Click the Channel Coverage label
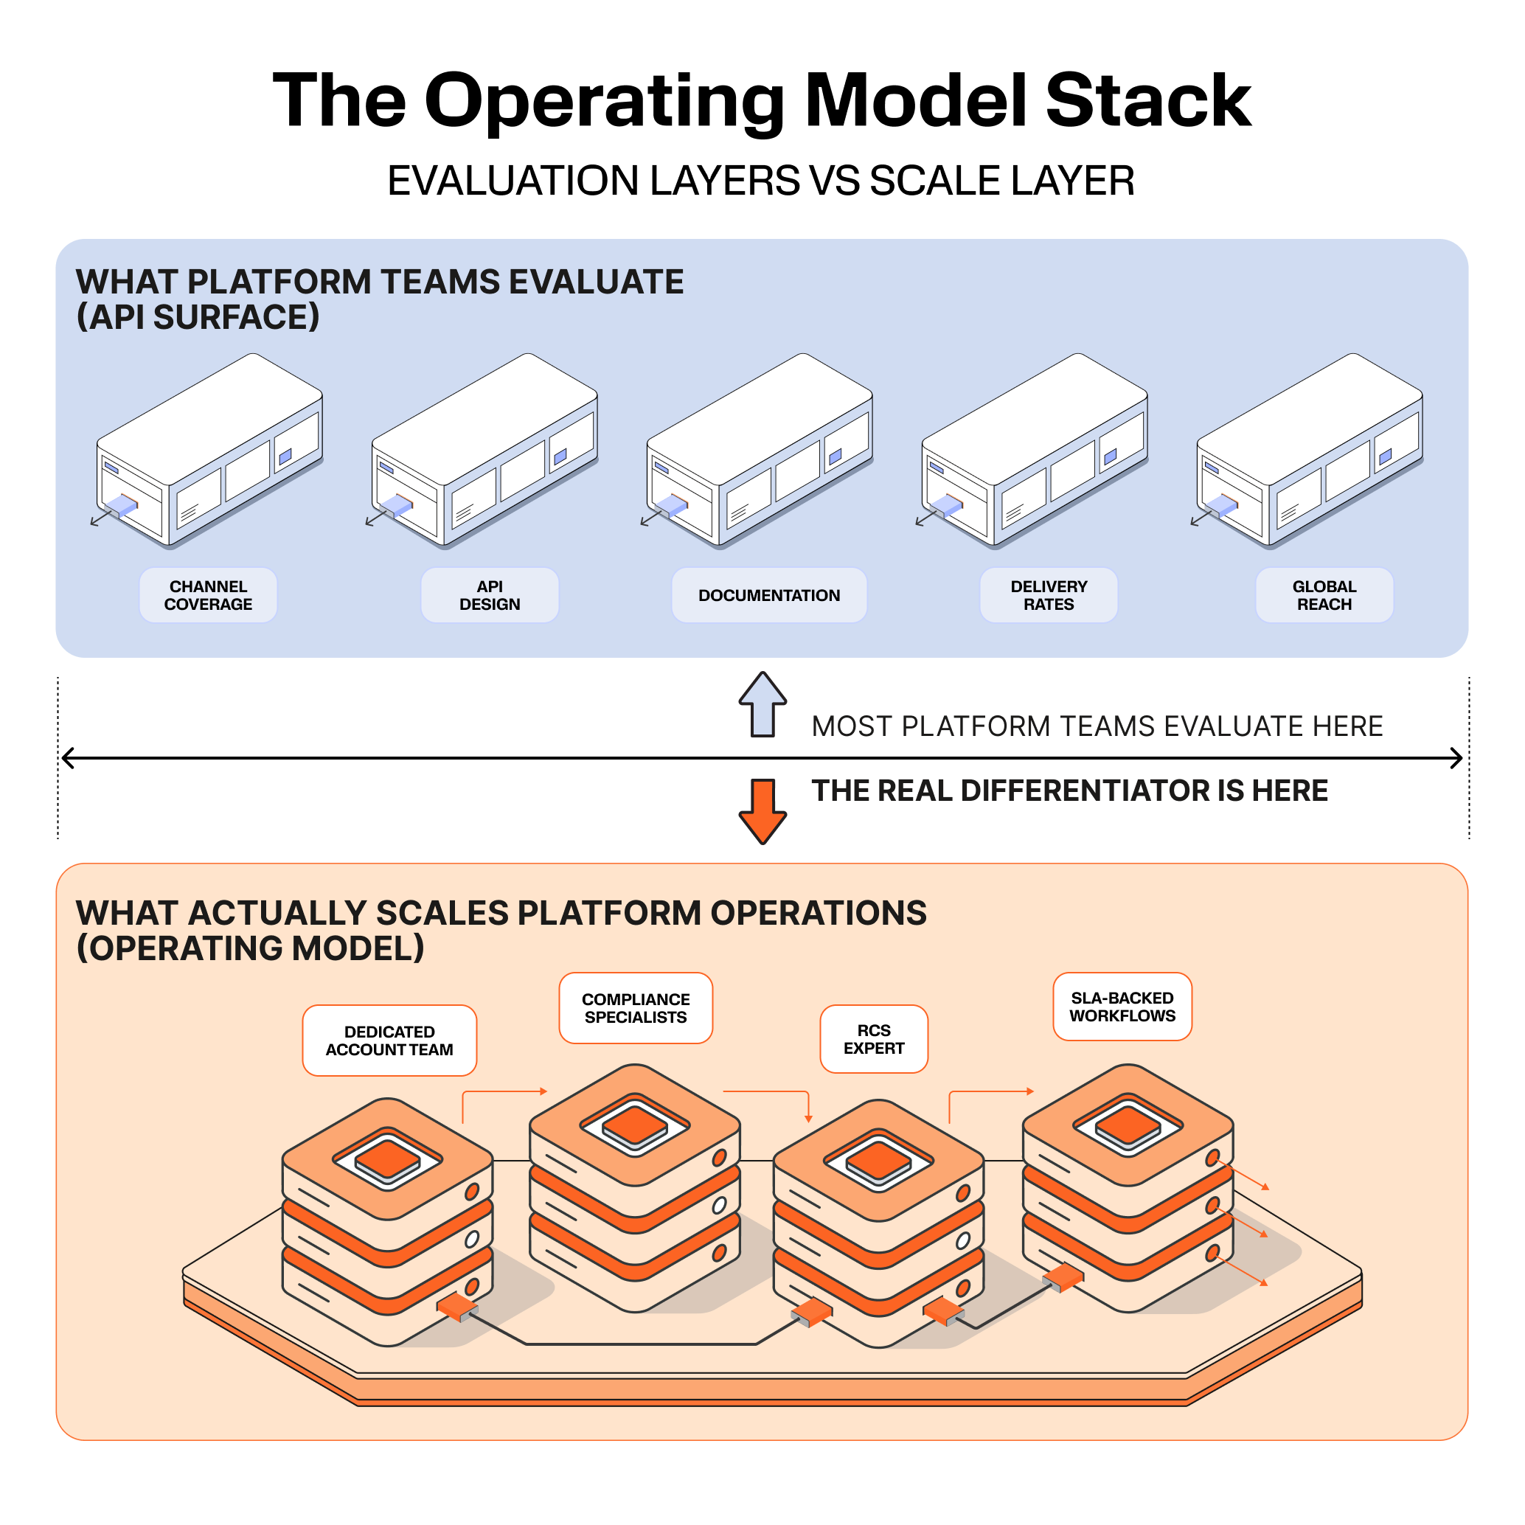(x=209, y=595)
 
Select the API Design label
(x=490, y=595)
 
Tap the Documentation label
(x=769, y=595)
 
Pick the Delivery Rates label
(x=1048, y=595)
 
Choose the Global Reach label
(x=1324, y=595)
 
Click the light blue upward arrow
(x=762, y=704)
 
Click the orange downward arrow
(x=762, y=811)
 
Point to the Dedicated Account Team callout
(x=389, y=1041)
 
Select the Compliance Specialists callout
(x=636, y=1008)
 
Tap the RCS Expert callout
(x=874, y=1039)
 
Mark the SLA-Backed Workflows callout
(x=1122, y=1007)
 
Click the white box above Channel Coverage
(x=209, y=450)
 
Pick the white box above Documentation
(x=760, y=450)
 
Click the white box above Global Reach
(x=1310, y=450)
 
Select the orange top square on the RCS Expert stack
(x=878, y=1158)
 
